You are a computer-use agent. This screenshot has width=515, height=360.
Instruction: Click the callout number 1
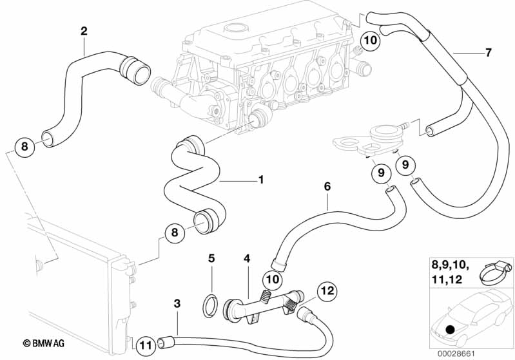pyautogui.click(x=261, y=180)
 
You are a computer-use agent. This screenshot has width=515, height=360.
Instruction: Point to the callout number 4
pyautogui.click(x=246, y=259)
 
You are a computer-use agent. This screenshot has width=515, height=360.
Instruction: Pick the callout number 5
pyautogui.click(x=211, y=259)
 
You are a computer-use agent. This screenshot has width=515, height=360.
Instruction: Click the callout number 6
pyautogui.click(x=327, y=186)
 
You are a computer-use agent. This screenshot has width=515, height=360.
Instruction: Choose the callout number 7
pyautogui.click(x=487, y=52)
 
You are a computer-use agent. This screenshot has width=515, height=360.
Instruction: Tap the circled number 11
pyautogui.click(x=147, y=345)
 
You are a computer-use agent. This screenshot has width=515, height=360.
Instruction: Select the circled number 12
pyautogui.click(x=327, y=290)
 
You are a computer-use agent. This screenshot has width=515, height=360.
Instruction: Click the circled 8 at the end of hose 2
pyautogui.click(x=24, y=147)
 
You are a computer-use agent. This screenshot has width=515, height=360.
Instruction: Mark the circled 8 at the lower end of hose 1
pyautogui.click(x=173, y=234)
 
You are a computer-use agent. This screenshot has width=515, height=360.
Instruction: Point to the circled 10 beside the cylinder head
pyautogui.click(x=370, y=40)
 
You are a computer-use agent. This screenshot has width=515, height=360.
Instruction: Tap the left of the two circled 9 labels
pyautogui.click(x=381, y=172)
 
